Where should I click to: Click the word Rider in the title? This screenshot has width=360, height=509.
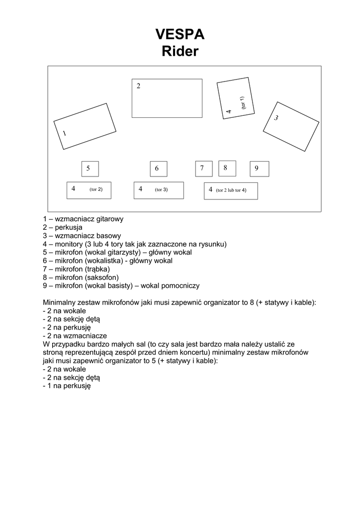point(180,51)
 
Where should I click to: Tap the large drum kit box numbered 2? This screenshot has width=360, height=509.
point(167,98)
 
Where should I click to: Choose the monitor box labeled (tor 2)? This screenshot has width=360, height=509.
point(89,190)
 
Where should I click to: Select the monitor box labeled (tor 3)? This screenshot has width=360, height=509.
point(159,190)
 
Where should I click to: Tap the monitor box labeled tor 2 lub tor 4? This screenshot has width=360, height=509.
point(231,190)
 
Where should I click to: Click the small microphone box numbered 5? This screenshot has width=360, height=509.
point(90,169)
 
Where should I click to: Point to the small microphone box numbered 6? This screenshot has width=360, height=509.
point(159,169)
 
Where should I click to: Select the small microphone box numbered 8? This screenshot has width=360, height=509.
point(227,168)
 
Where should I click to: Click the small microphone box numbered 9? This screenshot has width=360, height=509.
point(259,169)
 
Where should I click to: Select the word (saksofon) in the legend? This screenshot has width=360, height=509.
point(102,277)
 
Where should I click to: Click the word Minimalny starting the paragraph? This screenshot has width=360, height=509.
point(62,302)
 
